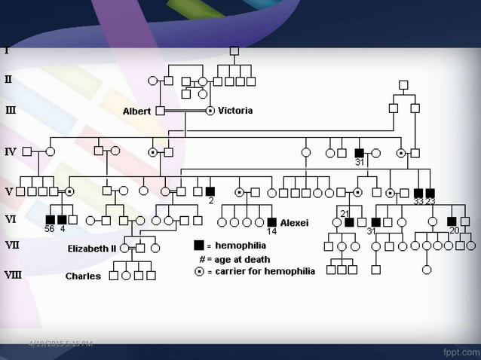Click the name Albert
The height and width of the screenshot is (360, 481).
pyautogui.click(x=136, y=111)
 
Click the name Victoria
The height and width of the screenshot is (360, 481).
pyautogui.click(x=235, y=111)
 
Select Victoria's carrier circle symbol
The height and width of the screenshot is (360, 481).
pyautogui.click(x=210, y=111)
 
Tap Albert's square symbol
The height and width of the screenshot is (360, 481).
pyautogui.click(x=160, y=111)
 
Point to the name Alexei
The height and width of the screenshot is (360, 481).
pyautogui.click(x=294, y=223)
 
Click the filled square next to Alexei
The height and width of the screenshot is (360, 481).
pyautogui.click(x=271, y=222)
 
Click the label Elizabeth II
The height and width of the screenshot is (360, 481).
pyautogui.click(x=92, y=248)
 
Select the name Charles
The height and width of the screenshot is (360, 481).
pyautogui.click(x=83, y=276)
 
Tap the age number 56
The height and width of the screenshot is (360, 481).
pyautogui.click(x=49, y=229)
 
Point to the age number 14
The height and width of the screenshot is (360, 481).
pyautogui.click(x=271, y=231)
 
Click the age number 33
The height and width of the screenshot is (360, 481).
pyautogui.click(x=418, y=201)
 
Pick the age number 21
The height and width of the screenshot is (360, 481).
pyautogui.click(x=345, y=213)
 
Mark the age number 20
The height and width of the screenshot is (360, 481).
pyautogui.click(x=453, y=230)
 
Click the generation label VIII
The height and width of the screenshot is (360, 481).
pyautogui.click(x=13, y=275)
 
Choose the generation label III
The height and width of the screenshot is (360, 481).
pyautogui.click(x=11, y=110)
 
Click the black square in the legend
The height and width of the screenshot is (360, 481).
pyautogui.click(x=199, y=246)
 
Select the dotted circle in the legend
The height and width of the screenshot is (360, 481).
pyautogui.click(x=199, y=272)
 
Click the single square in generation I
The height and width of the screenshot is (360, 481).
pyautogui.click(x=234, y=50)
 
